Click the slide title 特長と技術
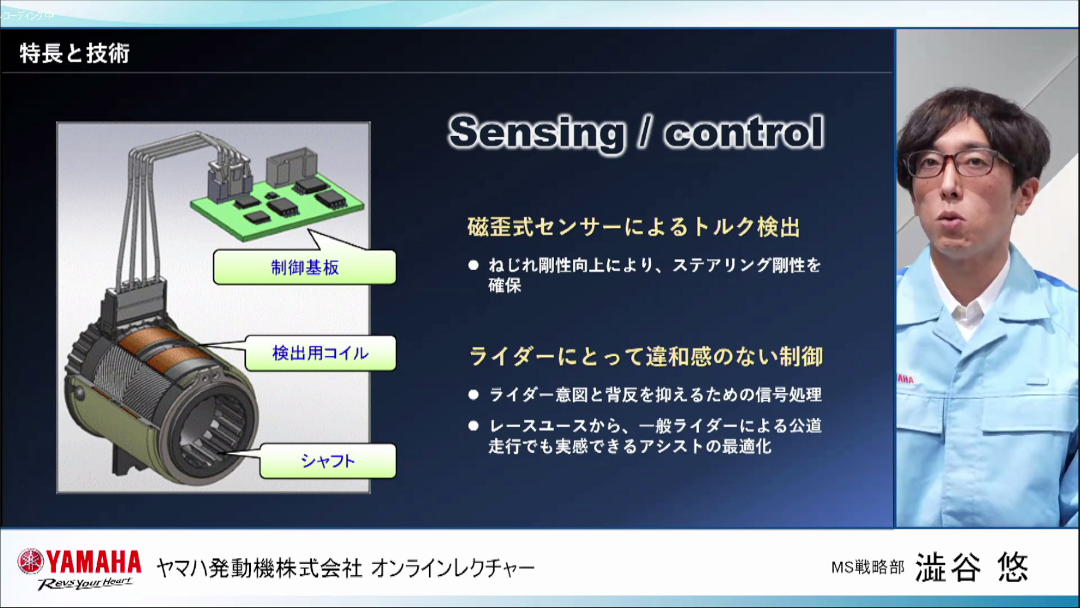(75, 53)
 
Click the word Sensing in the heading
(537, 133)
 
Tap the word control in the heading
(744, 133)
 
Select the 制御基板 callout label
(305, 267)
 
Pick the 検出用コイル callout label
(321, 354)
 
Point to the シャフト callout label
(328, 461)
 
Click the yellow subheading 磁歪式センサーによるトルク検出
(633, 227)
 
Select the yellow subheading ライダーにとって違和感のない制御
(646, 356)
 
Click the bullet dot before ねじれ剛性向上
(474, 265)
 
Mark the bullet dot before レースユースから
(474, 426)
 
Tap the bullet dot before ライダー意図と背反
(474, 395)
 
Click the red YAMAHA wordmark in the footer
(93, 561)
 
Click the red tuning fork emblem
(30, 561)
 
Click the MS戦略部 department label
(867, 567)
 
